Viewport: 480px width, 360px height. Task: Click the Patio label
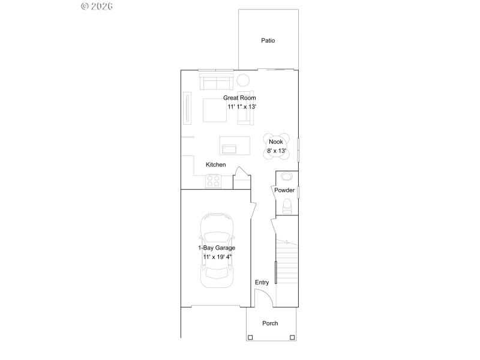pos(268,41)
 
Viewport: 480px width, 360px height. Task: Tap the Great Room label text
pos(239,98)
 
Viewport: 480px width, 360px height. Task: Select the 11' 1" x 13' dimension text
pos(242,106)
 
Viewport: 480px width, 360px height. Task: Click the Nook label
pos(275,142)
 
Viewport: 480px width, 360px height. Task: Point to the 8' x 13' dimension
pos(276,151)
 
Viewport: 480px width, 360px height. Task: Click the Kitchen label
pos(215,165)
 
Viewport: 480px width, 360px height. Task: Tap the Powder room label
pos(284,190)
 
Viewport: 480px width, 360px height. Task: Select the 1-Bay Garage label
pos(217,248)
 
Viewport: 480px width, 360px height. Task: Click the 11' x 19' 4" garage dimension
pos(217,257)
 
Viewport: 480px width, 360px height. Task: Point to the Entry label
pos(262,283)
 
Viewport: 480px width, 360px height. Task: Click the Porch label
pos(270,323)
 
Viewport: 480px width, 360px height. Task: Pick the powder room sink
pos(287,177)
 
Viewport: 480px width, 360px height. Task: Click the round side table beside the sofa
pos(243,80)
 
